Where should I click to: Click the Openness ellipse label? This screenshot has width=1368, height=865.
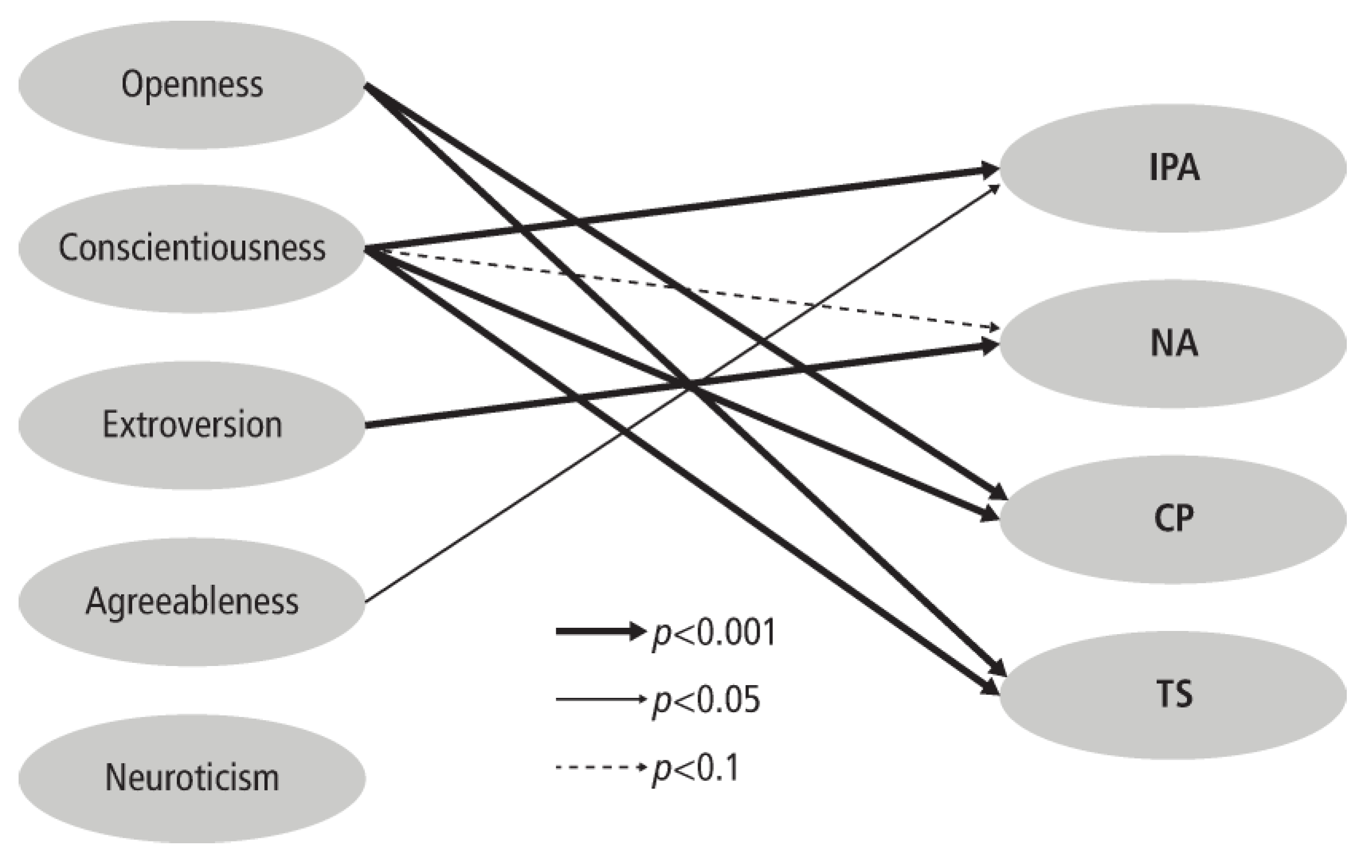click(192, 85)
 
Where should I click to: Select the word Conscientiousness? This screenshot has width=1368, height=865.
click(192, 248)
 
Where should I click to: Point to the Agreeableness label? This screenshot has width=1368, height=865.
click(192, 601)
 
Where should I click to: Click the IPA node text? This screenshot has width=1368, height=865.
click(1174, 168)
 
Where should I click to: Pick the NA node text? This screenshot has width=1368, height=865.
click(1174, 344)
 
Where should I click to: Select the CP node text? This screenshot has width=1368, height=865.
click(1174, 518)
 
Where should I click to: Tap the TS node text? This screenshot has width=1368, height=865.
click(1174, 694)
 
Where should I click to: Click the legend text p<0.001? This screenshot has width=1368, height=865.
click(714, 633)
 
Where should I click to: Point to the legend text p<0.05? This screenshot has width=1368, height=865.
click(706, 700)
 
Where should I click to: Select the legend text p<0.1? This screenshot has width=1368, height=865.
click(696, 768)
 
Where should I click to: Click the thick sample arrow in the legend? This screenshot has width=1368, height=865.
click(599, 631)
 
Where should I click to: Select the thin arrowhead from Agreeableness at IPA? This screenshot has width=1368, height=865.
click(995, 188)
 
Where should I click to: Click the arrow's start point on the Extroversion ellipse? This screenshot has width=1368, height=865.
click(367, 425)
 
